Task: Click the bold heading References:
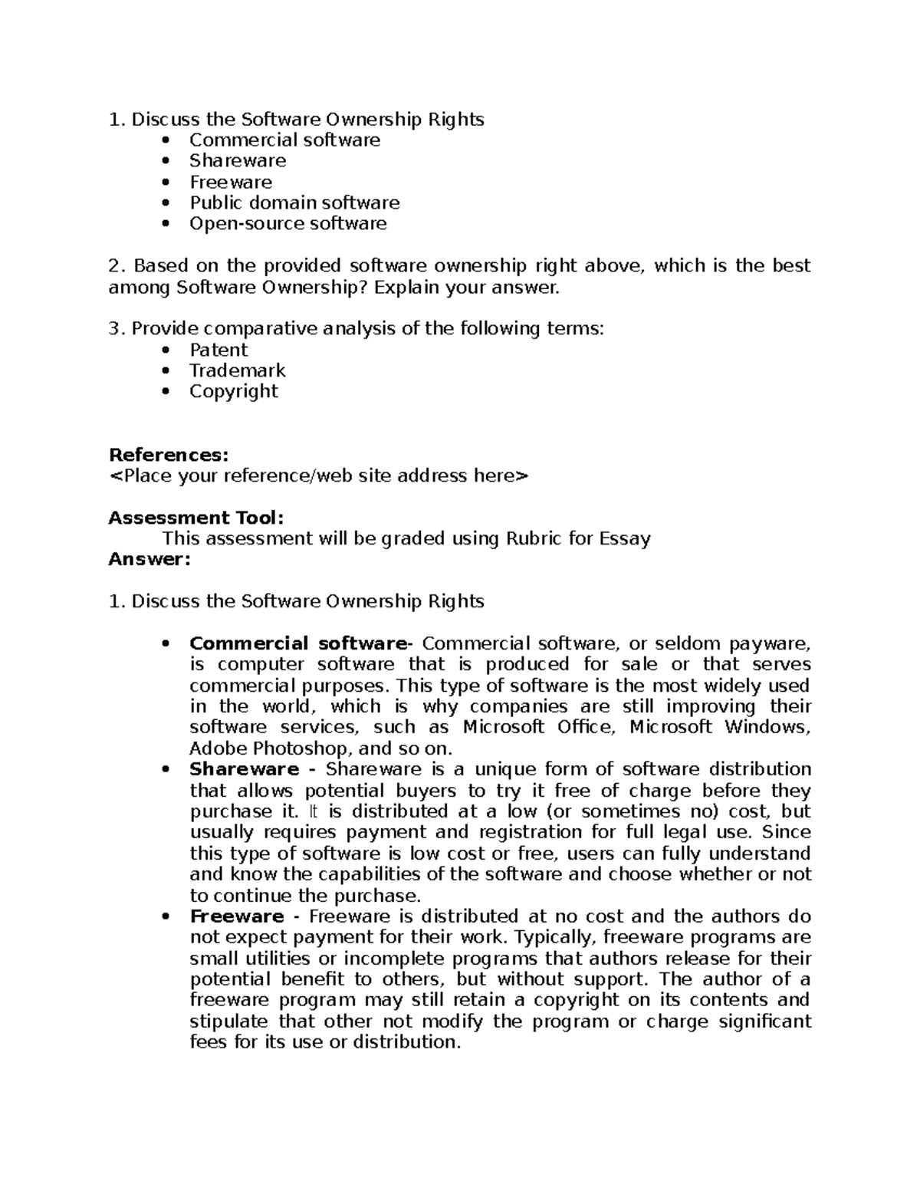pos(169,455)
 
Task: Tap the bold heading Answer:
pos(149,559)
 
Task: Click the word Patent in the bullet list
pos(219,350)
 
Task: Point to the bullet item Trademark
pos(237,370)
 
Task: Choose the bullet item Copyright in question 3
pos(234,391)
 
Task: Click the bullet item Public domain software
pos(294,202)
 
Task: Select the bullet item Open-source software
pos(288,223)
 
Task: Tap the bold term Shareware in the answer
pos(244,769)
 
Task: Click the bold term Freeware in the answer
pos(237,916)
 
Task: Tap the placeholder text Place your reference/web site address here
pos(319,476)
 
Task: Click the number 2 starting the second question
pos(115,266)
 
